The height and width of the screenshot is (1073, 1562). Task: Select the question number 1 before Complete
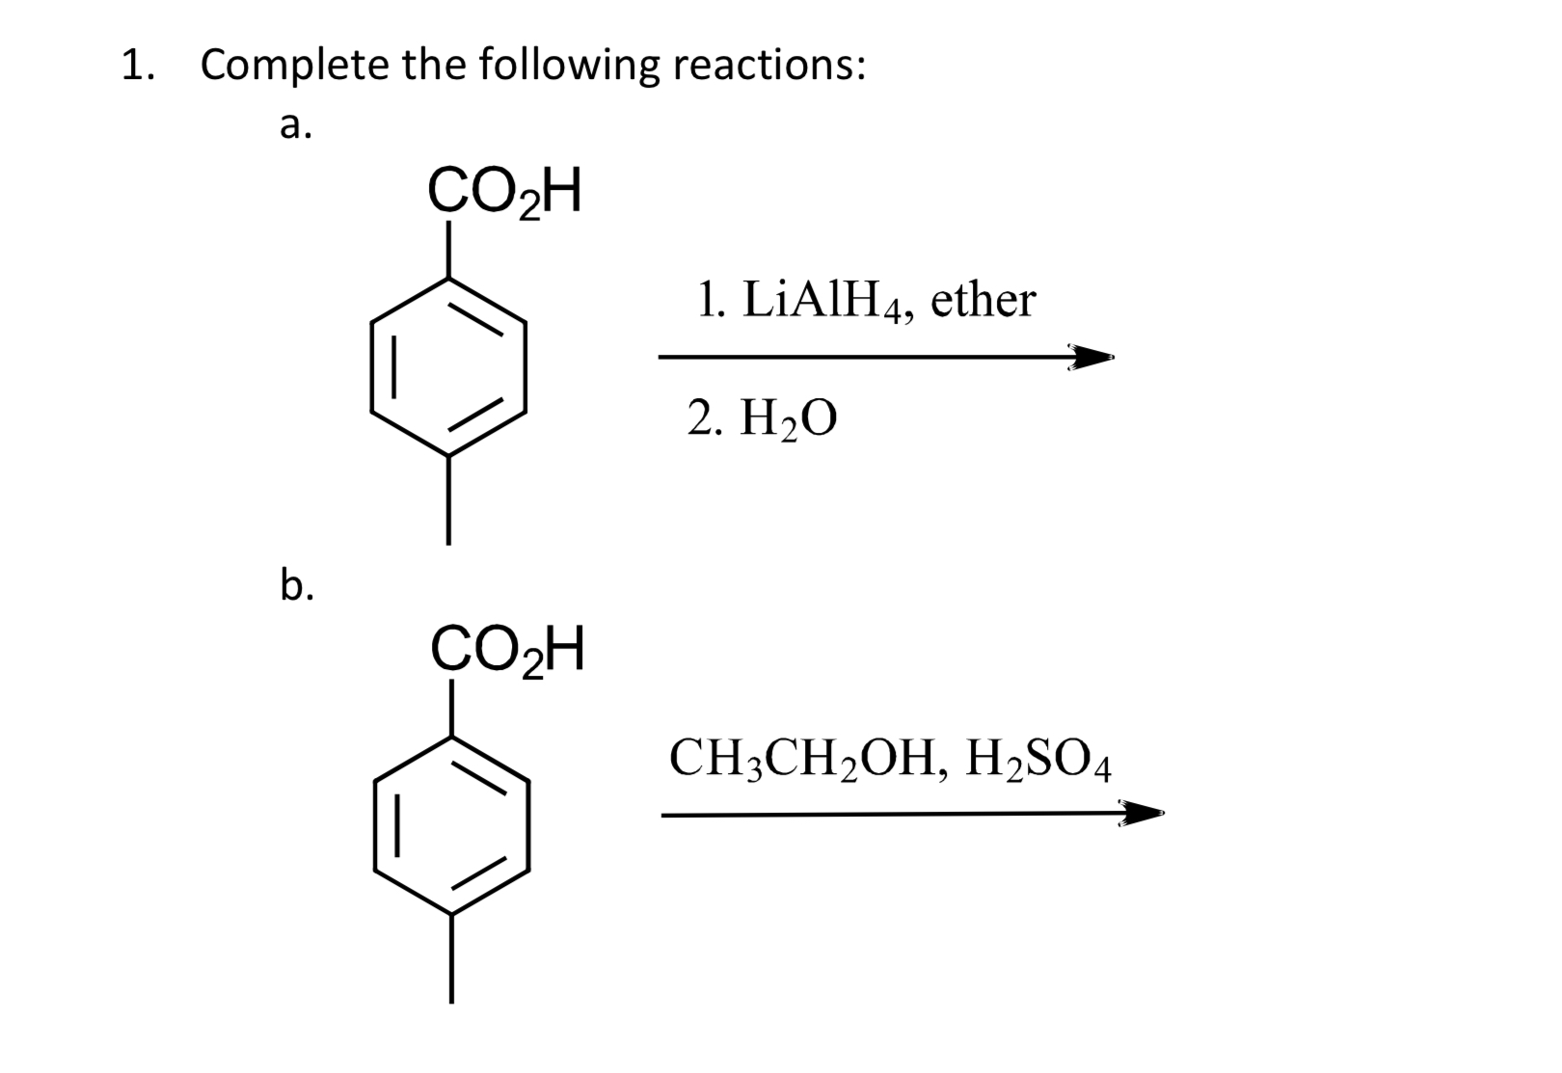134,66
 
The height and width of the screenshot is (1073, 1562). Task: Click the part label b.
296,584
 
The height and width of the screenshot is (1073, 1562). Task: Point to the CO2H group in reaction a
504,192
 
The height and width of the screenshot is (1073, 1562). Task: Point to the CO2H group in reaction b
507,651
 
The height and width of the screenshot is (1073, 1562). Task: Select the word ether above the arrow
983,300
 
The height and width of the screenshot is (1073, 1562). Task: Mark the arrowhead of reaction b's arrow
1142,815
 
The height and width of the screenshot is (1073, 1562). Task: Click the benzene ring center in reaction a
448,367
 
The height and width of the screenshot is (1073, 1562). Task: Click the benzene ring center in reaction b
451,825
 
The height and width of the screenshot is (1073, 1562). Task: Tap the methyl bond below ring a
448,499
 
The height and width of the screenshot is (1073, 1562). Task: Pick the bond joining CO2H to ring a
448,250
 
